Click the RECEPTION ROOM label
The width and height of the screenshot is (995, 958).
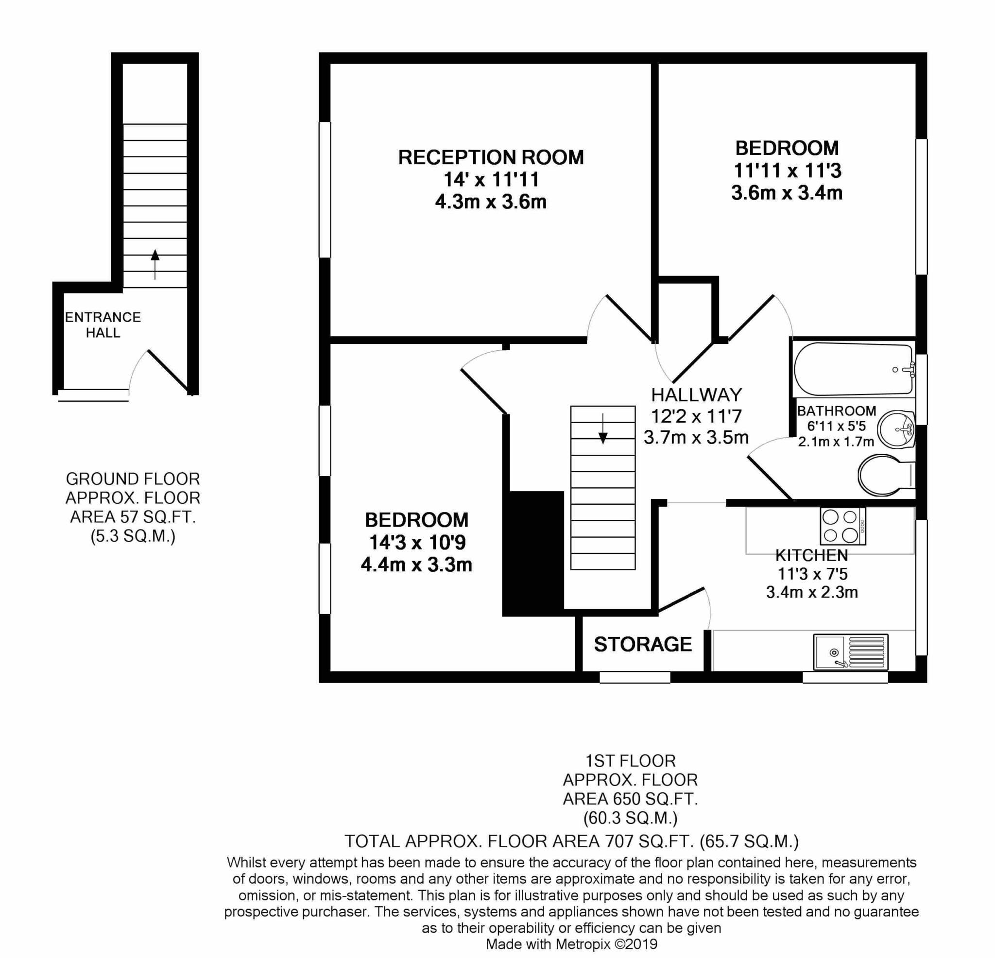(x=491, y=158)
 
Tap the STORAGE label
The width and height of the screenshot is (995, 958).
(x=643, y=644)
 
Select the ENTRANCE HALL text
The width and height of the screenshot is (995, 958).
(x=103, y=325)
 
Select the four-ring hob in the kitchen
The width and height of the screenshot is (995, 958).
(x=843, y=527)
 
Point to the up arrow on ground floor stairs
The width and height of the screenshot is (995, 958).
(x=155, y=264)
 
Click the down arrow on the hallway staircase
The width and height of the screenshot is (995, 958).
(x=602, y=429)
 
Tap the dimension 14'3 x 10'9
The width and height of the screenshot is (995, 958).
(x=417, y=543)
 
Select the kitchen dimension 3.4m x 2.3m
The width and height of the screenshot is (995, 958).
(x=812, y=592)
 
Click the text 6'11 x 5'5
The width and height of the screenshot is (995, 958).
(x=837, y=426)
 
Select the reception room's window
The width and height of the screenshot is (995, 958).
(x=325, y=189)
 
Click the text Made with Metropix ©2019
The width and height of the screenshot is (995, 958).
(x=572, y=944)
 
